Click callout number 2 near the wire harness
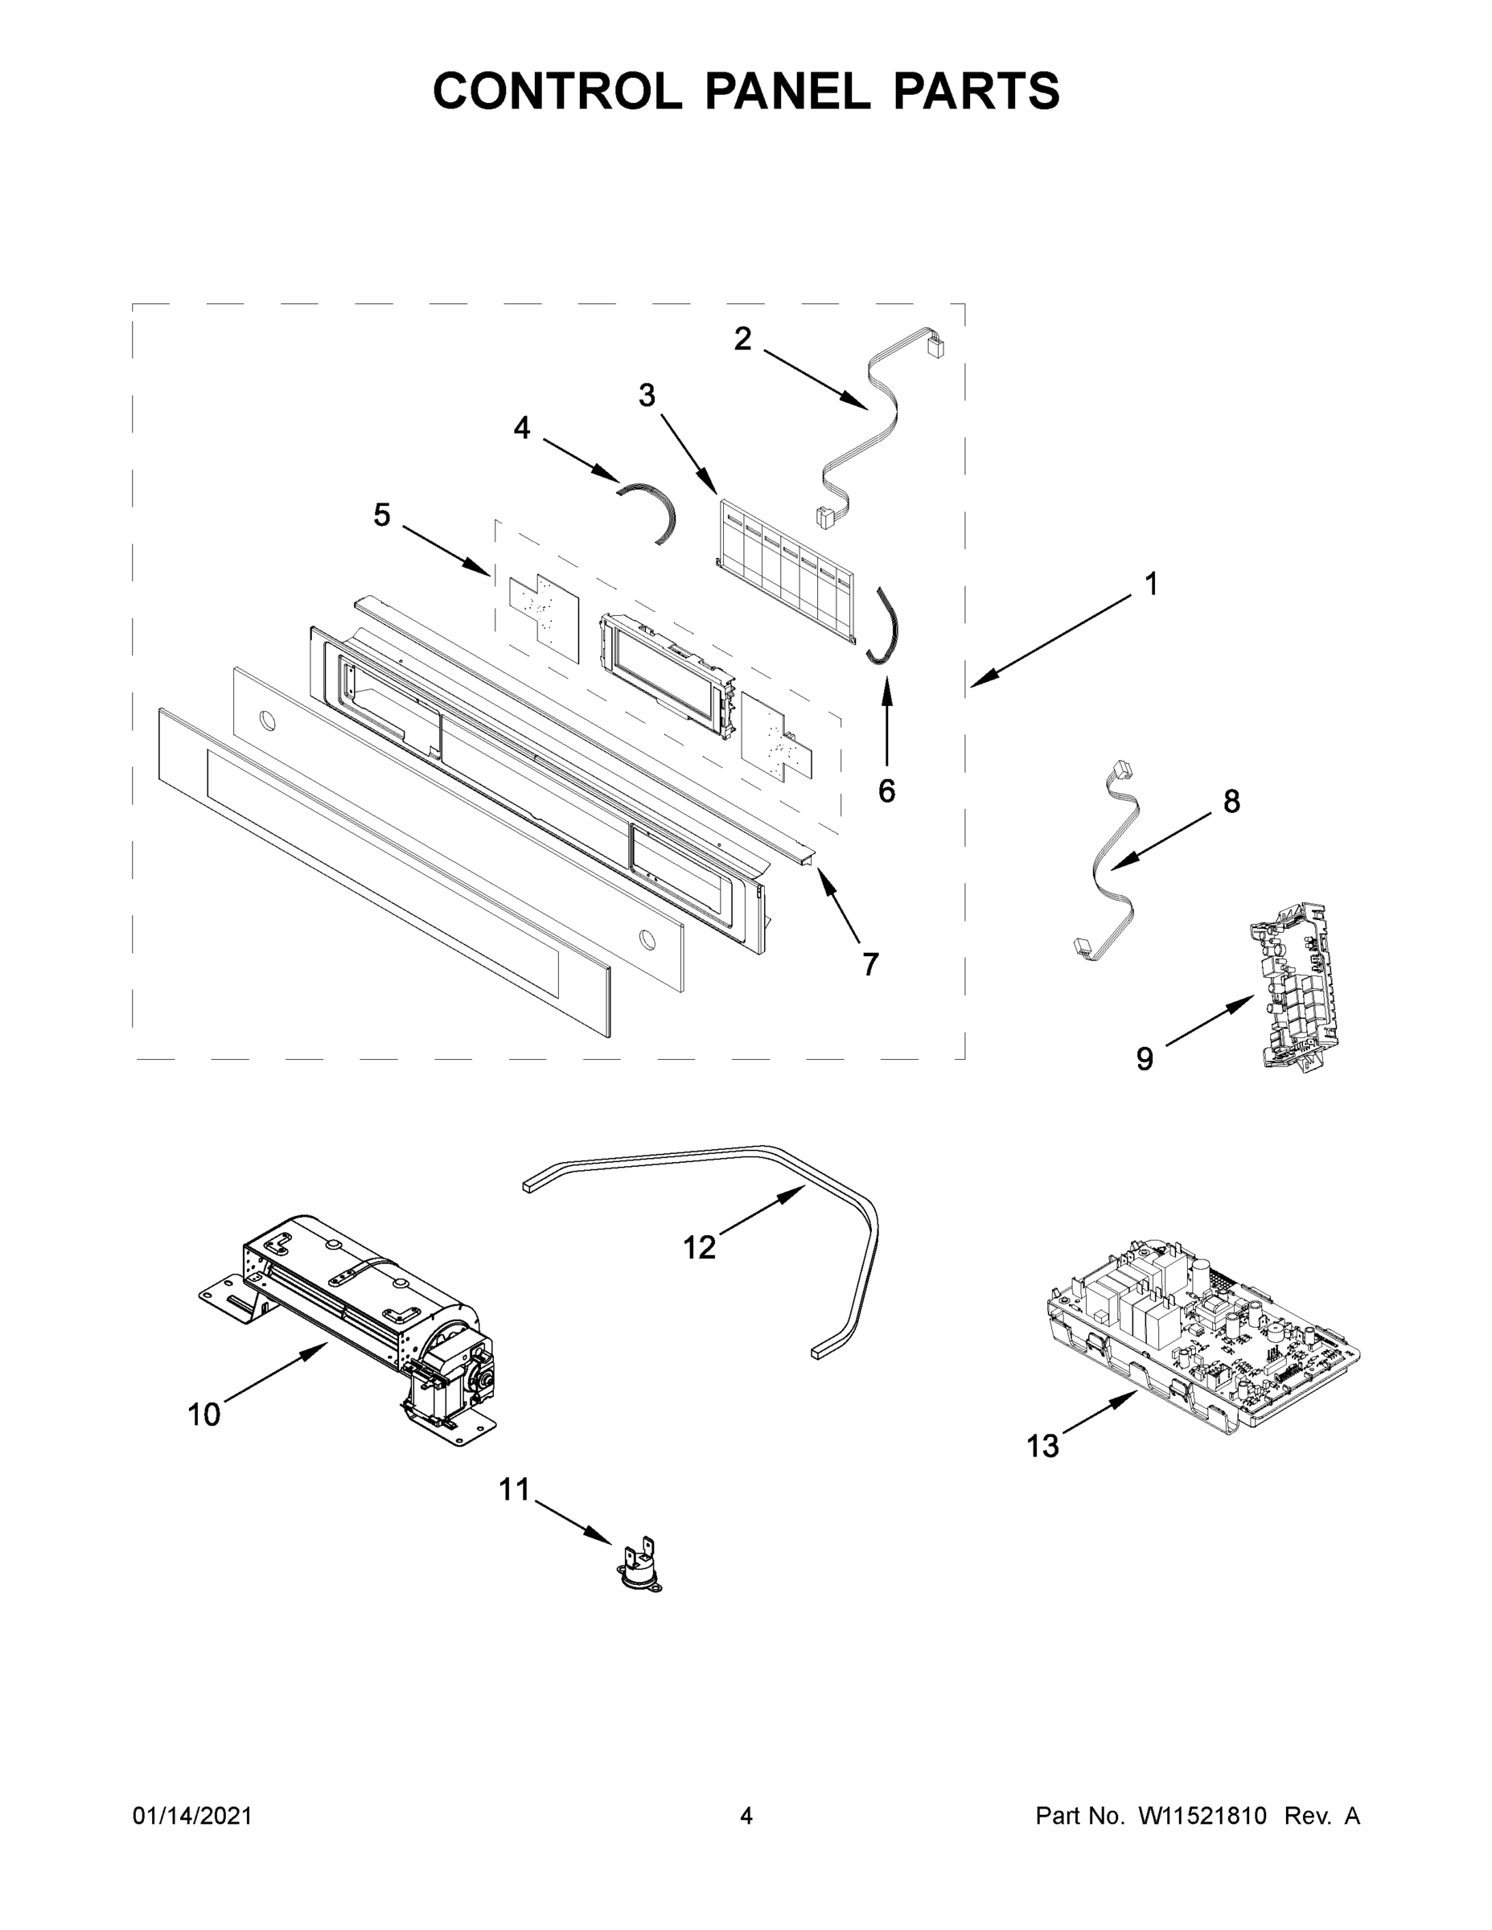(x=742, y=339)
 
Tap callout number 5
(x=382, y=515)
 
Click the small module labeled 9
(x=1290, y=985)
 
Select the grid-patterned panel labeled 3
(x=787, y=574)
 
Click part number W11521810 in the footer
(x=1202, y=1815)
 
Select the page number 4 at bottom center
(x=746, y=1815)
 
